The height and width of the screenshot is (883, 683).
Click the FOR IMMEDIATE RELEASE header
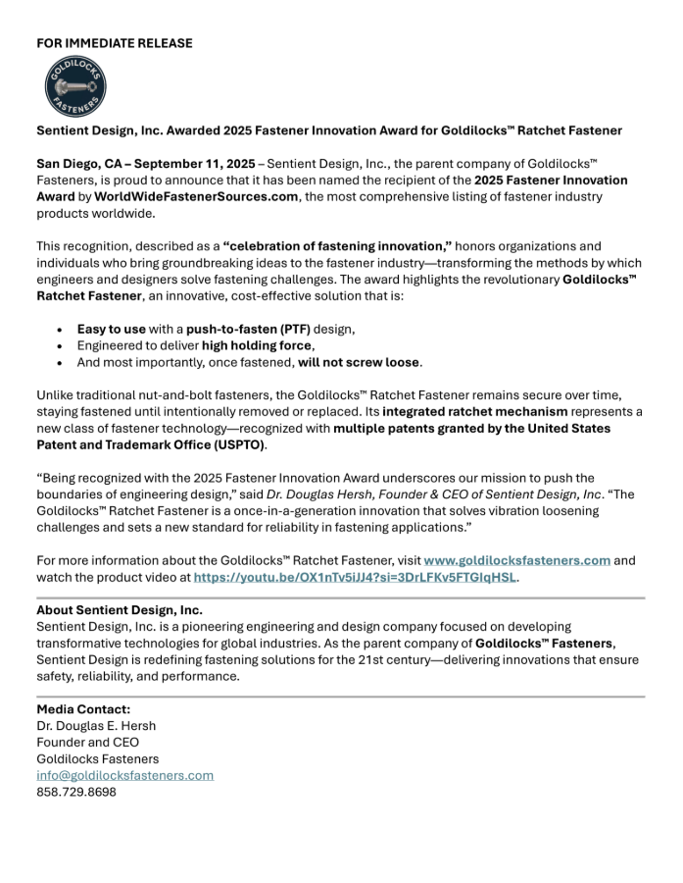tap(115, 43)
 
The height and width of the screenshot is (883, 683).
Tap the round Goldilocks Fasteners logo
tap(75, 87)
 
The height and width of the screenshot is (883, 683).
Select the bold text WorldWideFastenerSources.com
tap(196, 197)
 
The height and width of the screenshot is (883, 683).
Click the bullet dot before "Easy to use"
tap(61, 329)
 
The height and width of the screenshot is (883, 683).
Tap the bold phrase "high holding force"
tap(257, 345)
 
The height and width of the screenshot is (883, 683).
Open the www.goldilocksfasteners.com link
tap(517, 560)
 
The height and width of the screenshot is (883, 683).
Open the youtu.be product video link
tap(355, 577)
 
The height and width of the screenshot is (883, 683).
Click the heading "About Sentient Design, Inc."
tap(120, 609)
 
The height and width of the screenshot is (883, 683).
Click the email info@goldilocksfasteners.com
tap(124, 775)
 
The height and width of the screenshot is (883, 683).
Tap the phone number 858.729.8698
tap(76, 792)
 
